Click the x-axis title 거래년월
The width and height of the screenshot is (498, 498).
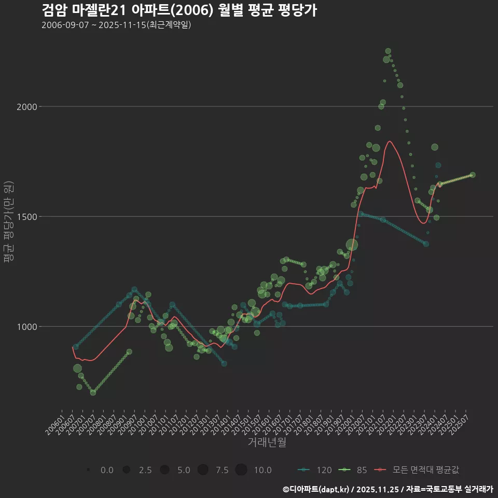(267, 442)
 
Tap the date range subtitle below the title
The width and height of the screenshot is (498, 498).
(116, 25)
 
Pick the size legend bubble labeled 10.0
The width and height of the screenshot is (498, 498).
(241, 470)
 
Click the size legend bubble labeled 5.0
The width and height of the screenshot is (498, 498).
(164, 470)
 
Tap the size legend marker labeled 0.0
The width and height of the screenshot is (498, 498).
(89, 470)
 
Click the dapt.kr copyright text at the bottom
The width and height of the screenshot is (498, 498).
(388, 489)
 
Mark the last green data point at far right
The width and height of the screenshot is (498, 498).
(473, 175)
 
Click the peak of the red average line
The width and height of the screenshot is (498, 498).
(390, 141)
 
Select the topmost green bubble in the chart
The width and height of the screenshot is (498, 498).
(388, 51)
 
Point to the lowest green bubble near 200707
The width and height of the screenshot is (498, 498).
(93, 393)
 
